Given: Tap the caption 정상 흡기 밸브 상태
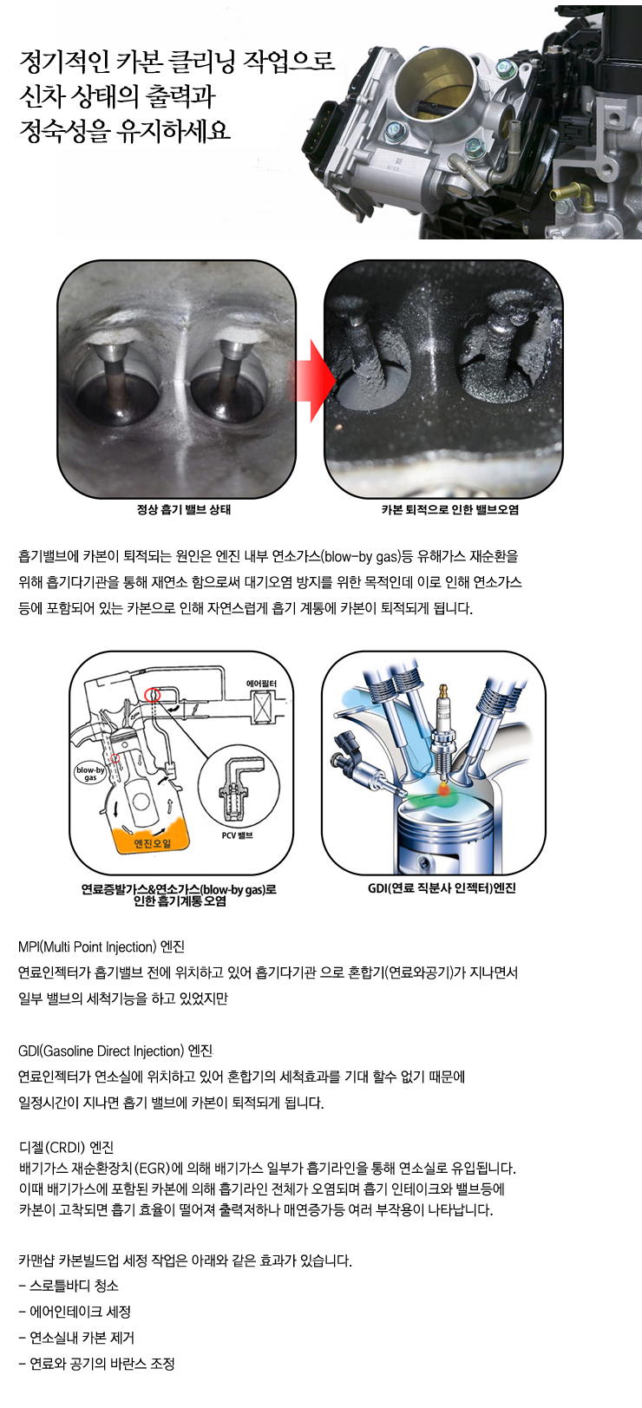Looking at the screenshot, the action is click(184, 510).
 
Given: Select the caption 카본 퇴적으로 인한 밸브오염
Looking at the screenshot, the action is click(450, 510).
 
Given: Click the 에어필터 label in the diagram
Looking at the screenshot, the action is click(261, 684).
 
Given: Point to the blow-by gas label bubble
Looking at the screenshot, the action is click(90, 773).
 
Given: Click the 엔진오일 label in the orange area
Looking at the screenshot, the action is click(152, 843).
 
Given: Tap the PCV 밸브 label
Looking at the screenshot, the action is click(237, 835).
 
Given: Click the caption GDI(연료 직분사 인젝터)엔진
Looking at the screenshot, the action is click(442, 888).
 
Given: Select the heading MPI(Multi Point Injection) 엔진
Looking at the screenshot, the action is click(102, 946).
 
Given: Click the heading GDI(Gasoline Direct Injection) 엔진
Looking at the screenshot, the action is click(115, 1051).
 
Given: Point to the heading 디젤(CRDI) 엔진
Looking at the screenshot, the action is click(66, 1147).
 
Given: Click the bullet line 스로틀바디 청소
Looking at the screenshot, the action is click(69, 1286).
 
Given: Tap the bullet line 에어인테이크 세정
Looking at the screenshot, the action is click(75, 1312).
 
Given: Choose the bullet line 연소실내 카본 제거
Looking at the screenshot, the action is click(76, 1338).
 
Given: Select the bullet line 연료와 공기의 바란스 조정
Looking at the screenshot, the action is click(97, 1364).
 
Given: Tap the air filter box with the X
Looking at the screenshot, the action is click(264, 706).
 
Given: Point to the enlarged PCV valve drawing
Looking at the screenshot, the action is click(238, 787).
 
